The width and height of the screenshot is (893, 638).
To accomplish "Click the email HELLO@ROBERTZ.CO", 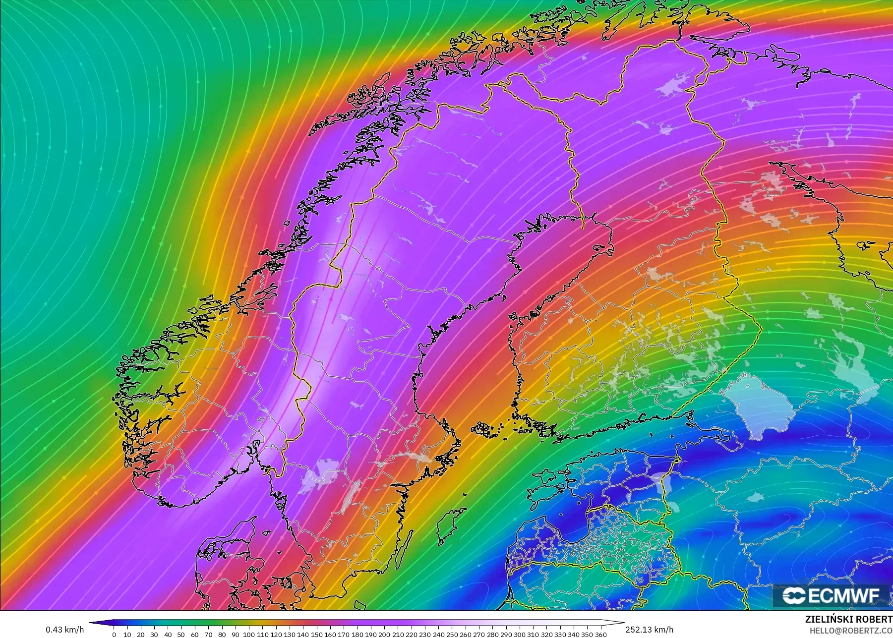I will coord(851,631).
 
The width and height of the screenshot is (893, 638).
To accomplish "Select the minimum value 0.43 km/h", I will coord(64,630).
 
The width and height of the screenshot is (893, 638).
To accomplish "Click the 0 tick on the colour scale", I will coord(114,634).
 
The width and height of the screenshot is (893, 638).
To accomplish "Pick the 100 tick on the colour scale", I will coord(249,634).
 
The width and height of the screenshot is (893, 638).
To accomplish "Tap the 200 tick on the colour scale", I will coord(384,634).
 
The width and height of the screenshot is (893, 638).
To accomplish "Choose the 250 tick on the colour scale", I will coord(452,634).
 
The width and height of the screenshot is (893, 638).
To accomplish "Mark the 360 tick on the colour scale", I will coord(600,634).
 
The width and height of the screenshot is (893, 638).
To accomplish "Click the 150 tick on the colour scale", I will coord(316,634).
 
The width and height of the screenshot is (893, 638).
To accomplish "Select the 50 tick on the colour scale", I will coord(181,634).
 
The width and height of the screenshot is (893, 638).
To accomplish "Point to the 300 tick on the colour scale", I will coord(519,634).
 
